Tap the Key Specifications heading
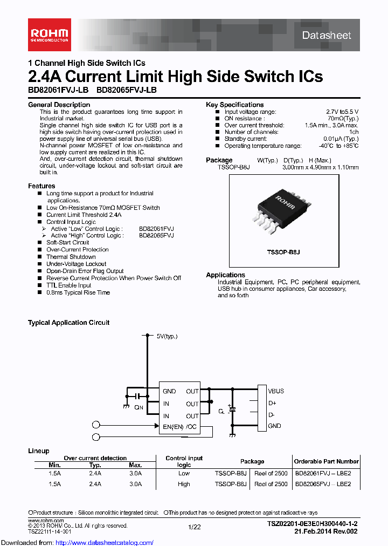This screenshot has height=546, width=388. click(x=234, y=105)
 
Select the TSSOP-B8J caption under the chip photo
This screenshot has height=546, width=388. click(x=283, y=252)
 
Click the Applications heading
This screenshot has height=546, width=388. click(x=225, y=275)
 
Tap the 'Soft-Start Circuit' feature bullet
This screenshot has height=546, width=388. click(x=67, y=243)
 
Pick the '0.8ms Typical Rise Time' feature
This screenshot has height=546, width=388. click(x=78, y=292)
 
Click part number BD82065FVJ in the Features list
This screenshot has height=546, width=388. click(x=156, y=236)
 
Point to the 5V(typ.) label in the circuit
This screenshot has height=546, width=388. click(x=167, y=336)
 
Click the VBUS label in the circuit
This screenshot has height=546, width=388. click(x=276, y=391)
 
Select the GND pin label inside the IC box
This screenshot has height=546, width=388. click(x=169, y=391)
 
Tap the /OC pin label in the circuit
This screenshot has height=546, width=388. click(x=192, y=427)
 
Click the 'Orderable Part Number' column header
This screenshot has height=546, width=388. click(x=326, y=461)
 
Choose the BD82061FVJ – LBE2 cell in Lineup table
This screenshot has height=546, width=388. click(x=323, y=474)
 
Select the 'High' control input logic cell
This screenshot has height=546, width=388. click(x=184, y=484)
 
